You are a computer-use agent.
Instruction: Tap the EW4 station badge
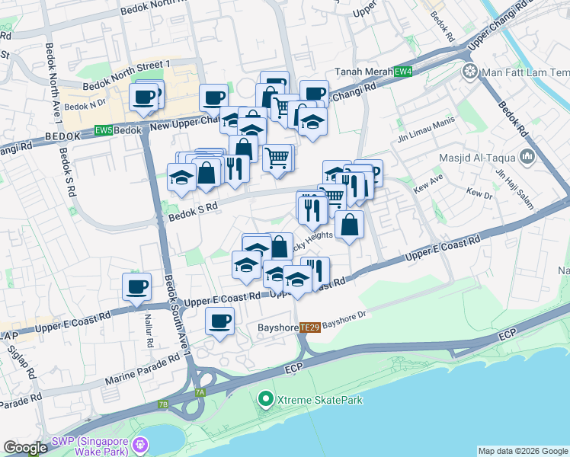click(x=403, y=72)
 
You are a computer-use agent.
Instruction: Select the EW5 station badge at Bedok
click(x=104, y=130)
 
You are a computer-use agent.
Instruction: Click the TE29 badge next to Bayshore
click(x=309, y=326)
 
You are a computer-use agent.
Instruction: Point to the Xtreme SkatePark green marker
click(x=265, y=398)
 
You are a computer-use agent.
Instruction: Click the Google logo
click(x=25, y=448)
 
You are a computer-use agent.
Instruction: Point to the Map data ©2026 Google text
click(x=522, y=451)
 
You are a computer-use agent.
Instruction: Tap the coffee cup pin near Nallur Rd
click(x=137, y=287)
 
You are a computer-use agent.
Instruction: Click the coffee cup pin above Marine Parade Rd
click(x=220, y=321)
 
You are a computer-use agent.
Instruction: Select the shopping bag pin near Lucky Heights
click(x=349, y=225)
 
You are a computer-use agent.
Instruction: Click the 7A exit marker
click(x=200, y=392)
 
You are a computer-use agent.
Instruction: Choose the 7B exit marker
click(x=163, y=404)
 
